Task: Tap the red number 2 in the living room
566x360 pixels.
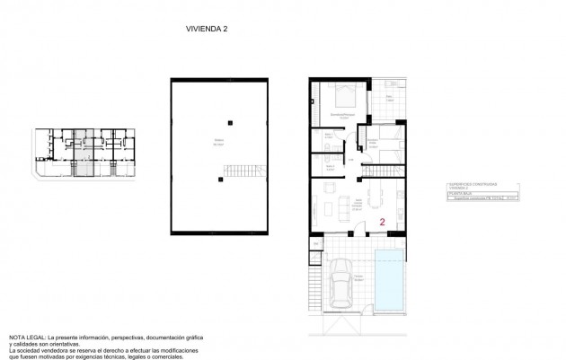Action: [383, 221]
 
